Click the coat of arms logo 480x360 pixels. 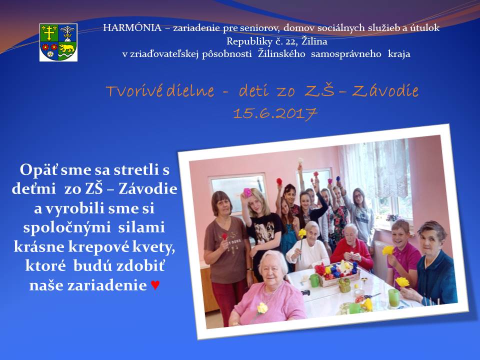(58, 42)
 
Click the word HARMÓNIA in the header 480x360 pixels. (132, 28)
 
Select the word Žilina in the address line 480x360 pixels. (314, 40)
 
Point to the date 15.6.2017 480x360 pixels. (275, 114)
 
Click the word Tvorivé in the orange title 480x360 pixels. (134, 90)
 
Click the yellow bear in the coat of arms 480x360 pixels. (67, 48)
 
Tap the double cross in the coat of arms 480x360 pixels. (49, 32)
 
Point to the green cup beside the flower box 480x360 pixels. (314, 280)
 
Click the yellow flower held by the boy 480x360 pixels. (388, 250)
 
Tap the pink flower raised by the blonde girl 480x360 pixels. (247, 192)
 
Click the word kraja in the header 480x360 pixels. (399, 54)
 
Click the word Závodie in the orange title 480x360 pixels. (385, 90)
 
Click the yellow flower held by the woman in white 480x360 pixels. (302, 233)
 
